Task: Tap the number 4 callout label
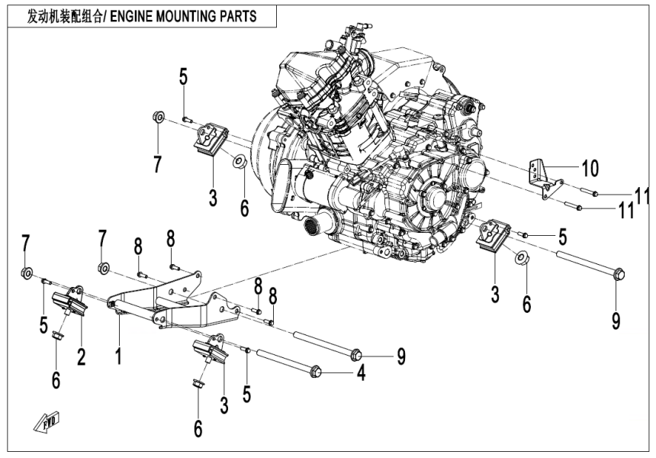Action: click(362, 374)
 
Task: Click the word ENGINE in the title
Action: click(139, 15)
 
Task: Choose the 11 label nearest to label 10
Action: click(642, 192)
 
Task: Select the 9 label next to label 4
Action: click(400, 356)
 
